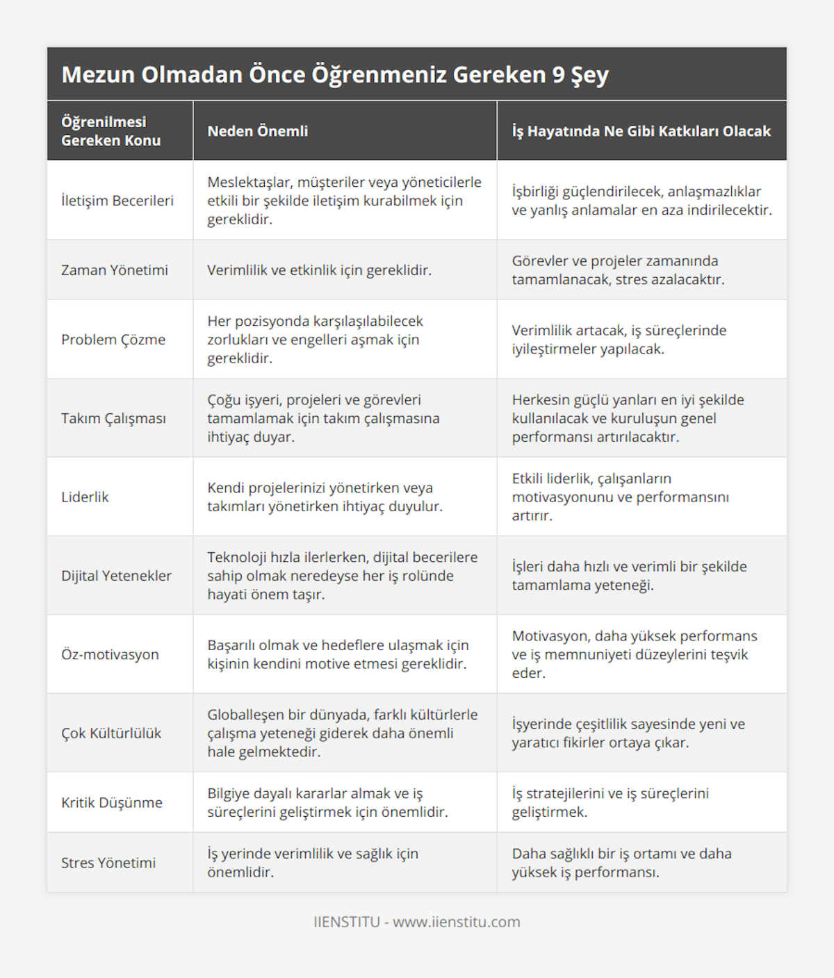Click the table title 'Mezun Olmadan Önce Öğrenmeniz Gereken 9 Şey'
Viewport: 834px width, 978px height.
335,74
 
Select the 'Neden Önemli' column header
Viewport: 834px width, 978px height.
257,131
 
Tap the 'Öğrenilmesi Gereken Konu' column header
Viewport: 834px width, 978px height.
111,131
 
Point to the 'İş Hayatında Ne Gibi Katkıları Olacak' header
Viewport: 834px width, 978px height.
641,131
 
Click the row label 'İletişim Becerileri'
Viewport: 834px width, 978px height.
117,201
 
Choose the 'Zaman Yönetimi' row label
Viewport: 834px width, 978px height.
115,270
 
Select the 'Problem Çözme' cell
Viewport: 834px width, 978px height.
113,340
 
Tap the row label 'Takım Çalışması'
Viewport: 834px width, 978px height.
113,418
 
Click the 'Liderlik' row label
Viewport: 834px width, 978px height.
85,497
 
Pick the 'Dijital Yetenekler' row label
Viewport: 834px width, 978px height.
116,576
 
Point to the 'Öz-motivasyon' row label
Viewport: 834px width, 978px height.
110,654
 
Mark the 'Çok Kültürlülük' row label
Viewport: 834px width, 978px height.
111,733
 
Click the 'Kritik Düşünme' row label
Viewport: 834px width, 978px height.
112,802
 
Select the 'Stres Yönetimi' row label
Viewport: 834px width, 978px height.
108,863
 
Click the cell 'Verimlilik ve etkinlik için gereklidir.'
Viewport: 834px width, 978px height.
319,270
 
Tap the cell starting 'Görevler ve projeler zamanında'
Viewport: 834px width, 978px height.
618,270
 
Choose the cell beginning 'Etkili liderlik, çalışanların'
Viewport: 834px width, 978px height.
620,497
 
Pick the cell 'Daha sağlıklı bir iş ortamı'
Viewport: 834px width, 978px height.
621,863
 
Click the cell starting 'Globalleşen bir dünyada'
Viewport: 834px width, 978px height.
342,733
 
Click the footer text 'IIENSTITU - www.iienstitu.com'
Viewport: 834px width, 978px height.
417,922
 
